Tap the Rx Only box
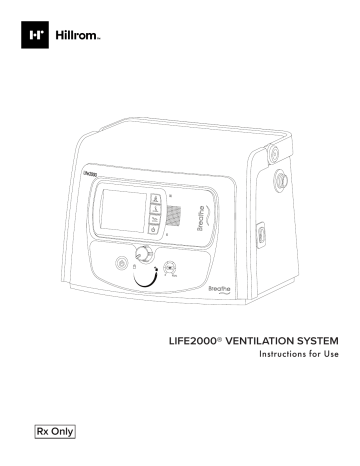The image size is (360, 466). point(55,431)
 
